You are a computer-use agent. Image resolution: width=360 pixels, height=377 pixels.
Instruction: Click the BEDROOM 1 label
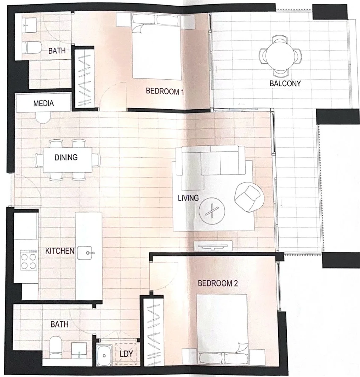point(165,91)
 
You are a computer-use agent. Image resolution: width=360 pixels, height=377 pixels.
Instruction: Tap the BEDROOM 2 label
point(217,283)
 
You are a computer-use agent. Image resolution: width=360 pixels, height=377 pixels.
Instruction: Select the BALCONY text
point(285,83)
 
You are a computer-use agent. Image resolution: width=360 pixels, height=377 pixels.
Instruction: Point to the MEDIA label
point(44,104)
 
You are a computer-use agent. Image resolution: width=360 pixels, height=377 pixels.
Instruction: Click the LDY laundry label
point(126,354)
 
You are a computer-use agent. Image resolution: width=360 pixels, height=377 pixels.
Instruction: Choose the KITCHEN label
point(59,251)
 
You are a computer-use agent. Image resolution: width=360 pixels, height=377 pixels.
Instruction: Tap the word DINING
point(66,157)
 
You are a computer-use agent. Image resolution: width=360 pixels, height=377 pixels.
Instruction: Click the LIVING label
point(188,198)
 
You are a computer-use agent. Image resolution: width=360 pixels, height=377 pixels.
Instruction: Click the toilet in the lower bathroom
point(56,346)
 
